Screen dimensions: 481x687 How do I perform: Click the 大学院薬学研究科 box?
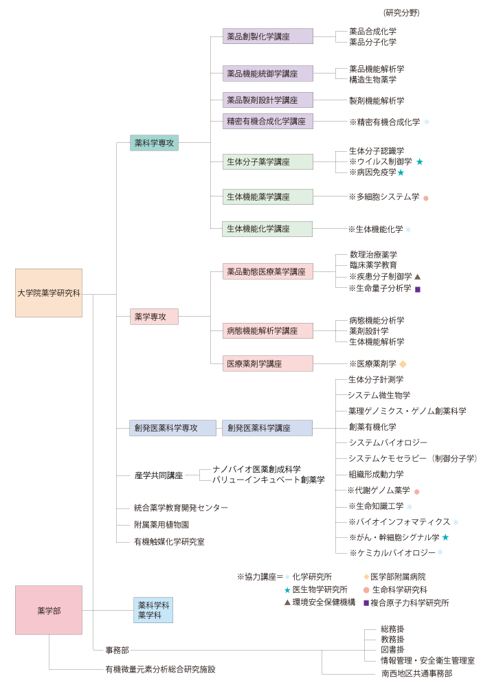pyautogui.click(x=49, y=293)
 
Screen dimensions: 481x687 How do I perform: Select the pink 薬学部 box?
pyautogui.click(x=49, y=610)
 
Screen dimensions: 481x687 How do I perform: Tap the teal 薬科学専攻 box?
pyautogui.click(x=154, y=143)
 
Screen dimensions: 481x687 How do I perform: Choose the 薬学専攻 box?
pyautogui.click(x=154, y=316)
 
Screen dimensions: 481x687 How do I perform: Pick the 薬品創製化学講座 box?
pyautogui.click(x=268, y=36)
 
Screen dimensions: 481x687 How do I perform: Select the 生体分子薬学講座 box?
pyautogui.click(x=268, y=161)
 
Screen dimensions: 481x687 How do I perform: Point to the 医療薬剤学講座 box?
pyautogui.click(x=268, y=363)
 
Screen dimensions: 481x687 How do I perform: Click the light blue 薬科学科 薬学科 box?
pyautogui.click(x=153, y=610)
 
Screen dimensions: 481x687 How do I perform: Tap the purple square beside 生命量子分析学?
pyautogui.click(x=418, y=289)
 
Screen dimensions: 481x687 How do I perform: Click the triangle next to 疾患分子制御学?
pyautogui.click(x=418, y=276)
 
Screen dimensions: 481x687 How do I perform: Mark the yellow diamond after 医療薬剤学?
pyautogui.click(x=403, y=363)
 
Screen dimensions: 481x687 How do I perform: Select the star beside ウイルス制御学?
pyautogui.click(x=419, y=161)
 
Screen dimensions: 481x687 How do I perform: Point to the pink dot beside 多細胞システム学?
pyautogui.click(x=425, y=198)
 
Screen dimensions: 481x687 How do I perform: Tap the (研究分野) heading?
pyautogui.click(x=401, y=12)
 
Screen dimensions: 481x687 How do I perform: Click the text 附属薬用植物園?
pyautogui.click(x=161, y=524)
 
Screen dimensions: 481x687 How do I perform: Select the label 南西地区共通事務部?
pyautogui.click(x=416, y=673)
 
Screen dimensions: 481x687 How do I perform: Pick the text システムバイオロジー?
pyautogui.click(x=388, y=442)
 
